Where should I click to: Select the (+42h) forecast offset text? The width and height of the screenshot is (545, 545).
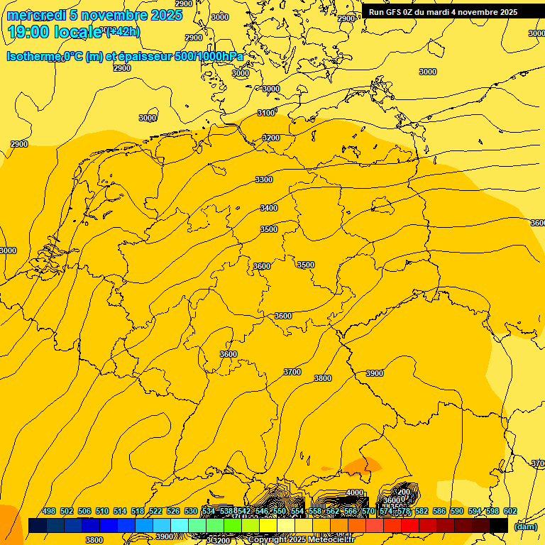[123, 31]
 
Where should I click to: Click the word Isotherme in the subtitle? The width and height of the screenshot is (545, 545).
[33, 57]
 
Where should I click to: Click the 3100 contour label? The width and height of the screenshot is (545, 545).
[266, 113]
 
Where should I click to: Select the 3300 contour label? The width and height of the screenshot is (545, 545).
[264, 180]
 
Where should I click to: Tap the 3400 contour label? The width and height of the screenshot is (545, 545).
[269, 208]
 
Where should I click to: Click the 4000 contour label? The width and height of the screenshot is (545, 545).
[355, 492]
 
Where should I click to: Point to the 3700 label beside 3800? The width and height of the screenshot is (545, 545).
[292, 372]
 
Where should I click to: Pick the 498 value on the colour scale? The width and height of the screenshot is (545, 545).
[49, 511]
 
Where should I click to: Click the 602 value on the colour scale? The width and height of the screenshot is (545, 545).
[510, 511]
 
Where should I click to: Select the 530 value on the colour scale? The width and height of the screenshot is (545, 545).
[191, 511]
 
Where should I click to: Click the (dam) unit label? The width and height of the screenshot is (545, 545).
[526, 526]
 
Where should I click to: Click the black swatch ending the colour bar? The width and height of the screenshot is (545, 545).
[499, 525]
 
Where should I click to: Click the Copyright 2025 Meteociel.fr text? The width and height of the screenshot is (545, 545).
[311, 540]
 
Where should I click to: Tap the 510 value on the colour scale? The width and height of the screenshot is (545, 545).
[102, 511]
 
